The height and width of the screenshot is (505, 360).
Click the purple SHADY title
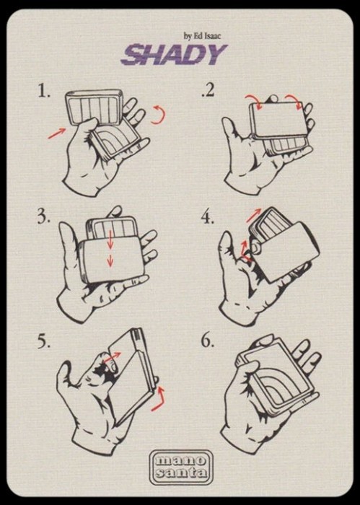pos(174,55)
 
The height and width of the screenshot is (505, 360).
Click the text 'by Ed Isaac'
pos(202,36)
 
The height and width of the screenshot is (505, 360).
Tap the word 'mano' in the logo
pos(181,460)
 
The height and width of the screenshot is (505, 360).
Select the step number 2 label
pos(208,90)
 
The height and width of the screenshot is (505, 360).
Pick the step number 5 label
pos(44,341)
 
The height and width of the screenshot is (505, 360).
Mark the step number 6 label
pos(208,341)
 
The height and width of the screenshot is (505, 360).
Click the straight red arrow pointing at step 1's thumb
pos(57,133)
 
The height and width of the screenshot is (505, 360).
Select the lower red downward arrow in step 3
pos(110,260)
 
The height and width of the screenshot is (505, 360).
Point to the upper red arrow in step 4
pos(254,215)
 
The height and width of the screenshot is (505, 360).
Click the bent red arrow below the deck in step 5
pos(159,400)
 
